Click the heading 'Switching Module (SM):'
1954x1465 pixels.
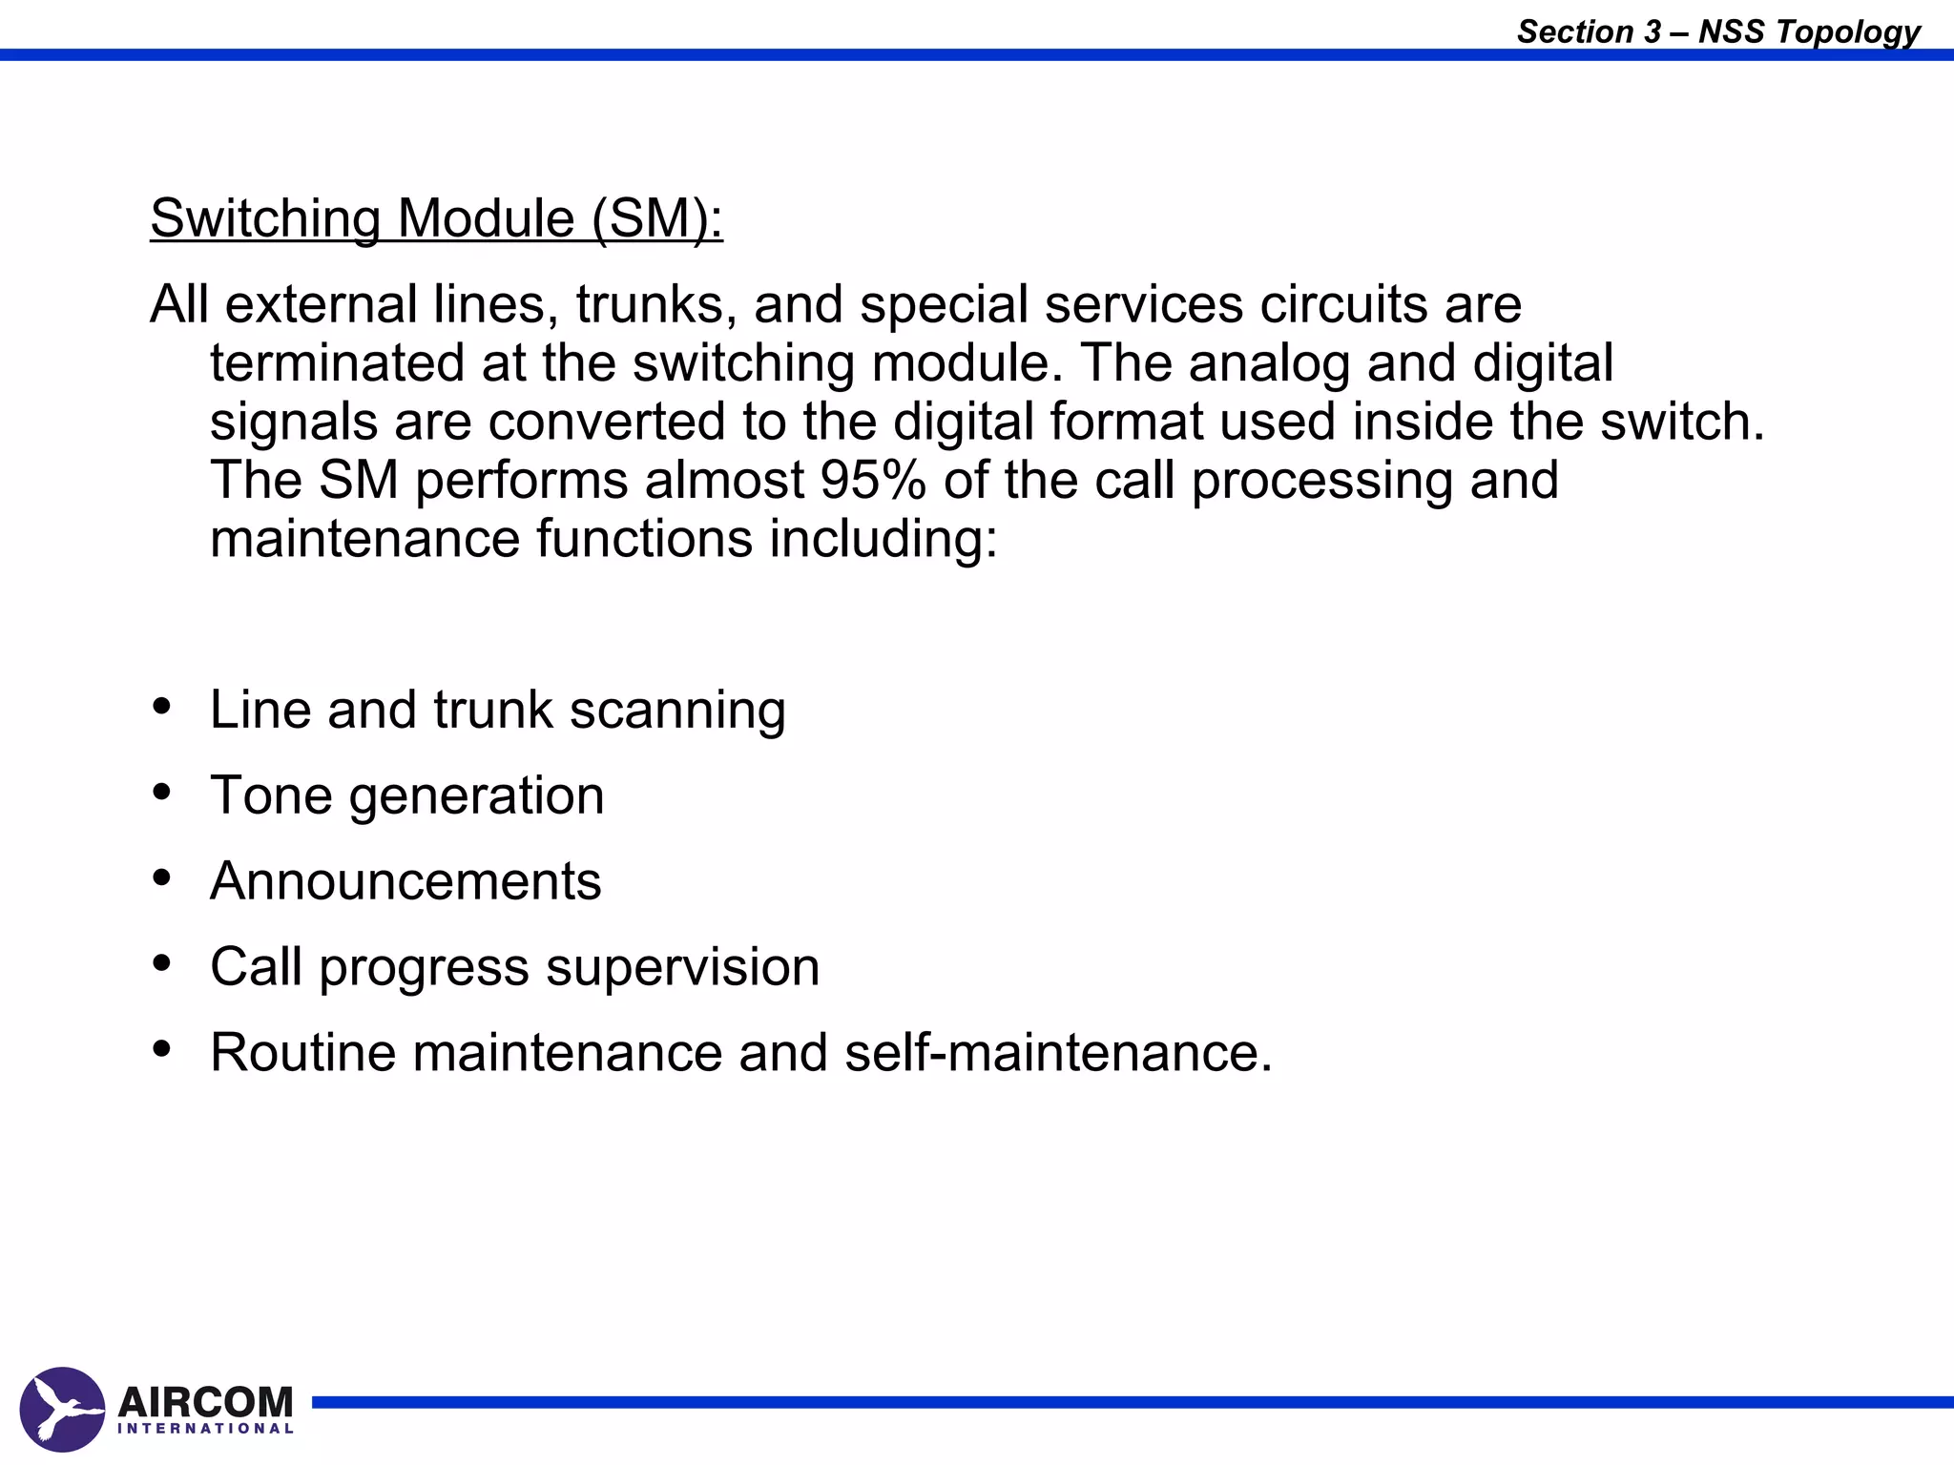[x=436, y=218]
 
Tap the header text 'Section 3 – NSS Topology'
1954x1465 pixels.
[x=1718, y=31]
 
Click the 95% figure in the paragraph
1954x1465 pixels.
[x=873, y=480]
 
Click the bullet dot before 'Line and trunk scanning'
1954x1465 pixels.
[x=162, y=707]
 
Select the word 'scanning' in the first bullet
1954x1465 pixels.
[x=677, y=711]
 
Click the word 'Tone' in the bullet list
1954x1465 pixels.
[x=271, y=795]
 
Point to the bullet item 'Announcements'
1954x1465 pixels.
[x=405, y=880]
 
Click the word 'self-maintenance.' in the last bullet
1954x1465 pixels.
[x=1058, y=1052]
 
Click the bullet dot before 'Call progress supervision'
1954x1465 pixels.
[x=162, y=963]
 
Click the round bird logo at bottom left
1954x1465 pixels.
[x=62, y=1409]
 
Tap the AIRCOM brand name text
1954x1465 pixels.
[x=205, y=1401]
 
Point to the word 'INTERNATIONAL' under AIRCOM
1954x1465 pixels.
[x=205, y=1429]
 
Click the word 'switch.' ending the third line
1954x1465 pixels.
[x=1683, y=422]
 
